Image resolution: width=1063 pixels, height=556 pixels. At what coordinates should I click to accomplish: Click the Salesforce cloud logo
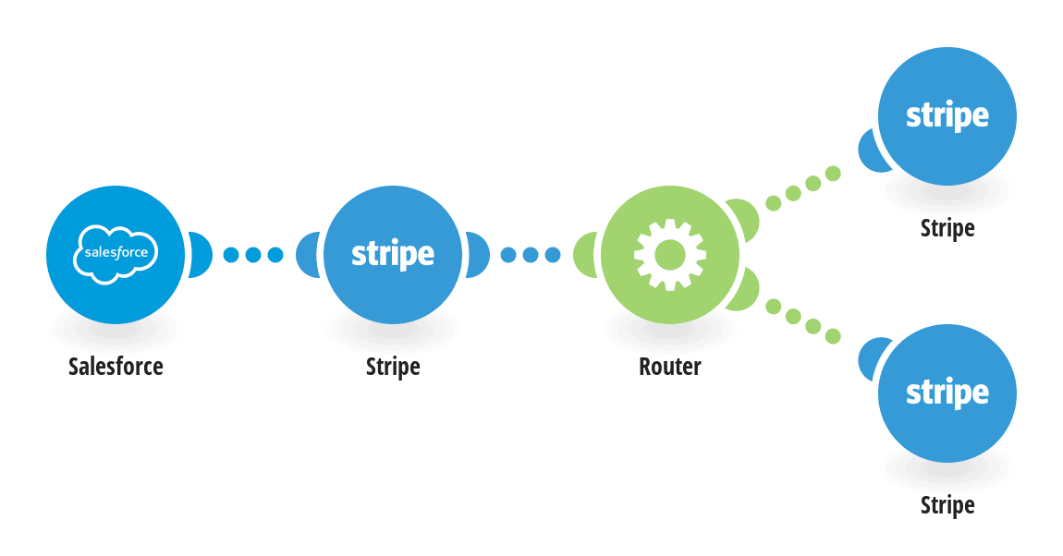coord(116,254)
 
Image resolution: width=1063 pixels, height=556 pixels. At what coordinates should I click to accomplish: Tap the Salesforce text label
coord(116,367)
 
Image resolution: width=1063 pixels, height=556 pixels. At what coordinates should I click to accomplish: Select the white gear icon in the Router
coord(670,255)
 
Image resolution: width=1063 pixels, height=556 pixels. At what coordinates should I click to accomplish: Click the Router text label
coord(670,367)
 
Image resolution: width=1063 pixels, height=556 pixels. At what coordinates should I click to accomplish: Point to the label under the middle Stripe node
coord(393,367)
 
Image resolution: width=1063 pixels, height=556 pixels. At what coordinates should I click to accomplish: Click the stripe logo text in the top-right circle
coord(947,116)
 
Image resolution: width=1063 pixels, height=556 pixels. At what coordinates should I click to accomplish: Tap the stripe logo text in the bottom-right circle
coord(947,393)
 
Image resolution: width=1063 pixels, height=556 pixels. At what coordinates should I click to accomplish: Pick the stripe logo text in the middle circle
coord(393,255)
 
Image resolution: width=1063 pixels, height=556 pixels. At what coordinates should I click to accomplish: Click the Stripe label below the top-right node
coord(947,228)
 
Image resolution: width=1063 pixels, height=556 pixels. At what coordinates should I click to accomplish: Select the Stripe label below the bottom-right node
coord(947,505)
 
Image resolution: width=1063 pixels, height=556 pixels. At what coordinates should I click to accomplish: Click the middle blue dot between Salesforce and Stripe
coord(253,255)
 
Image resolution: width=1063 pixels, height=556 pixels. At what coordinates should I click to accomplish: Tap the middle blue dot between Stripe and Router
coord(531,255)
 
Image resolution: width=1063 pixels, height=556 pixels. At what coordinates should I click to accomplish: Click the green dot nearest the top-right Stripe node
coord(833,174)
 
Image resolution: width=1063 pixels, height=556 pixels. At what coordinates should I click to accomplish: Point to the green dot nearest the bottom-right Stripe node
coord(833,335)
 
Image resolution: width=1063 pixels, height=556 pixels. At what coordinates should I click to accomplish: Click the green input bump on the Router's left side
coord(583,255)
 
